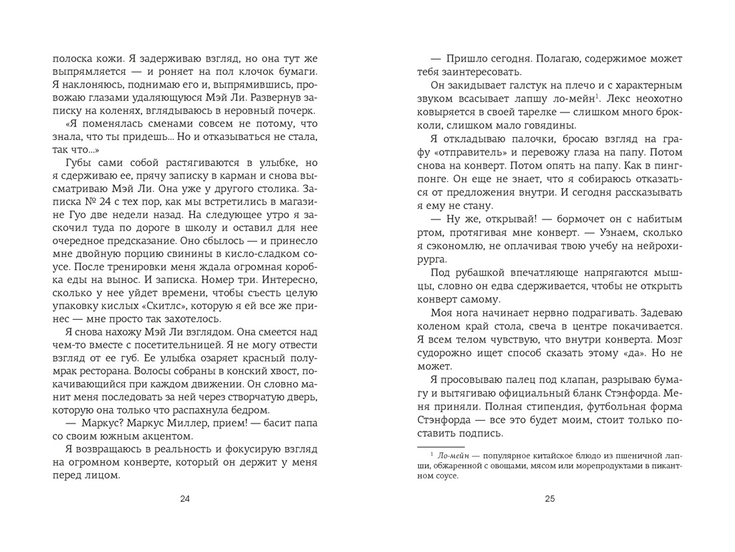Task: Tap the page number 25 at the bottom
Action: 550,498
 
